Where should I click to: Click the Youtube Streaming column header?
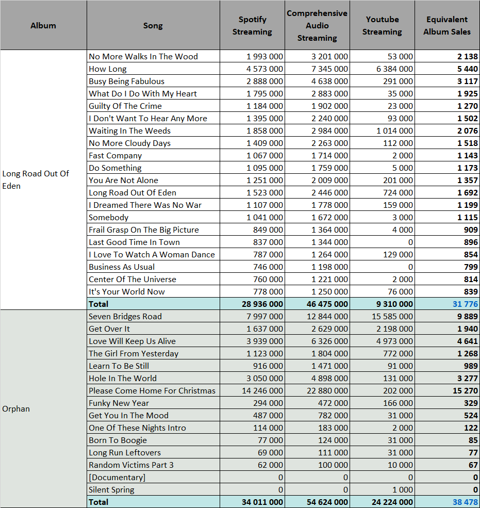382,26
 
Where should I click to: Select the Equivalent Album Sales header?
447,26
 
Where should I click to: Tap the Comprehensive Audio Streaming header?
317,26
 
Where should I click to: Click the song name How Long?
108,69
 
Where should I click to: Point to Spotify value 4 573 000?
264,69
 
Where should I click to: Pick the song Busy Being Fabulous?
127,81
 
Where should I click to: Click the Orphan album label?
16,409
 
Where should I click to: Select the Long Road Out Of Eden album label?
36,180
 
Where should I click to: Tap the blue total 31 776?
465,304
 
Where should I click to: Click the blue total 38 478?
465,502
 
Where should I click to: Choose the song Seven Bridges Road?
125,317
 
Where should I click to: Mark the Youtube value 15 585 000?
392,317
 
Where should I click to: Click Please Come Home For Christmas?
152,391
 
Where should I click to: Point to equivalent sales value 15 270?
465,391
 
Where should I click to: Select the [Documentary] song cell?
117,478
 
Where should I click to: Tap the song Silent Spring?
111,490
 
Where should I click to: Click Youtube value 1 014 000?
394,131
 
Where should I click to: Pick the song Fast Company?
115,156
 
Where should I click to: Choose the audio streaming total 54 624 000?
327,502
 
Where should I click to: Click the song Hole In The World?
123,379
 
